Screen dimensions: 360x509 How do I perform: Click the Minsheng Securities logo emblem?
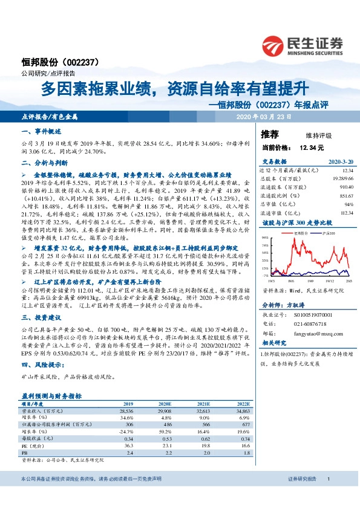click(x=274, y=45)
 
